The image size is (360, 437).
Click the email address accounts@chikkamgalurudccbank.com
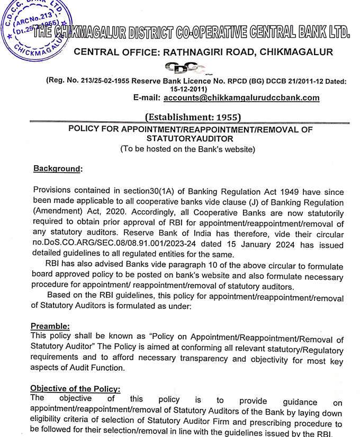pyautogui.click(x=241, y=97)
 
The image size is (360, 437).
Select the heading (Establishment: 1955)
pyautogui.click(x=193, y=117)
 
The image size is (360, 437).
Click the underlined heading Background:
pyautogui.click(x=58, y=168)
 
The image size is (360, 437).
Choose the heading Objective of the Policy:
pyautogui.click(x=76, y=388)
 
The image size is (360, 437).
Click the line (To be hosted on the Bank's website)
pyautogui.click(x=187, y=149)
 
